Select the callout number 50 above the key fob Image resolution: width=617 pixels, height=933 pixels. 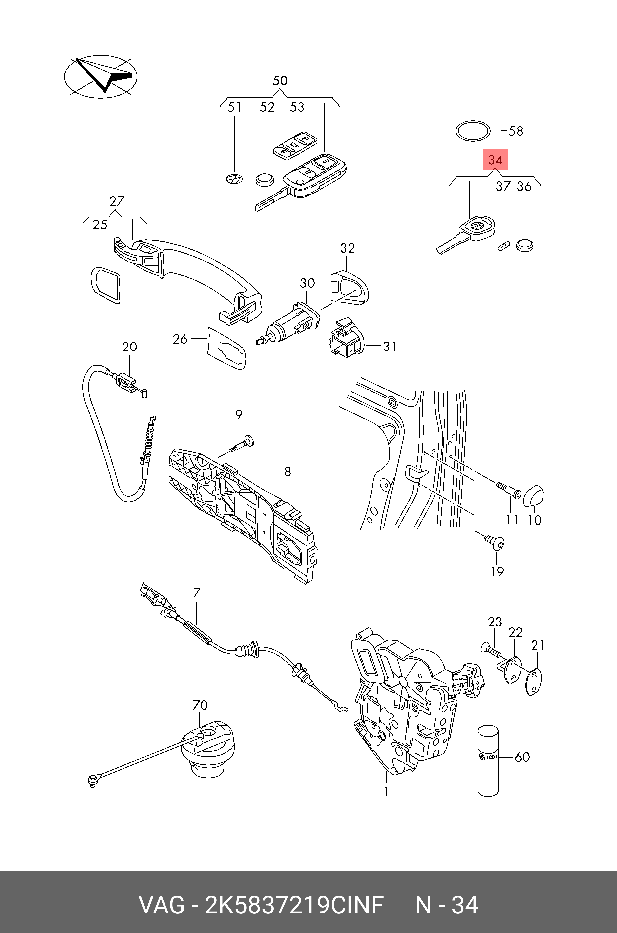tap(280, 81)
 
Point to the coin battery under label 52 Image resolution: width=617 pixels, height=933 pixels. tap(264, 180)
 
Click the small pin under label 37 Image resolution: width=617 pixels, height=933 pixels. tap(502, 246)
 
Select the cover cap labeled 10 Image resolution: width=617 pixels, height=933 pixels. tap(534, 496)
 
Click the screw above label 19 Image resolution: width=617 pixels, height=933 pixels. tap(495, 543)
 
